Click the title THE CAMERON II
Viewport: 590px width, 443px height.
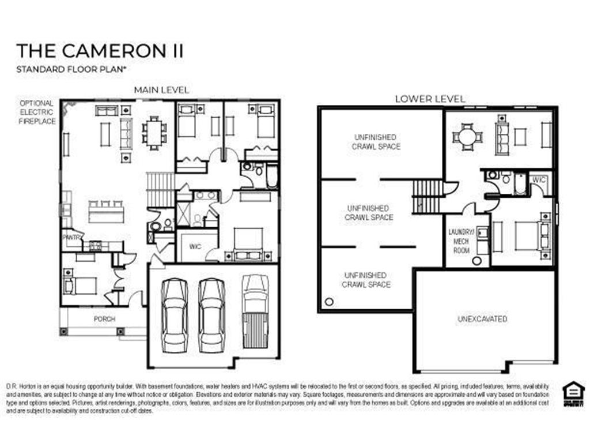coord(100,51)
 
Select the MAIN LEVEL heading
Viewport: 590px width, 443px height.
coord(161,91)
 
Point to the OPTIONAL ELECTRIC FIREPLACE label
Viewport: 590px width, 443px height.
coord(37,112)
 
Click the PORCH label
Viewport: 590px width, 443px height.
coord(104,319)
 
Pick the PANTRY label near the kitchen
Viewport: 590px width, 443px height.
coord(71,237)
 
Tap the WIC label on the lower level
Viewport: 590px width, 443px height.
coord(539,180)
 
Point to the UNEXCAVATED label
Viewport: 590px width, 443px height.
coord(482,318)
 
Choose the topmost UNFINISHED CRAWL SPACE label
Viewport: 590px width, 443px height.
coord(376,142)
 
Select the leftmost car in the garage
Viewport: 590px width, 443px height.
coord(174,314)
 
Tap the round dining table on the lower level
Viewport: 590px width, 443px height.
coord(467,137)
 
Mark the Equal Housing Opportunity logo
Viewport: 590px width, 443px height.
coord(573,394)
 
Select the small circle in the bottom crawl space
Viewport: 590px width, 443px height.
coord(329,302)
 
